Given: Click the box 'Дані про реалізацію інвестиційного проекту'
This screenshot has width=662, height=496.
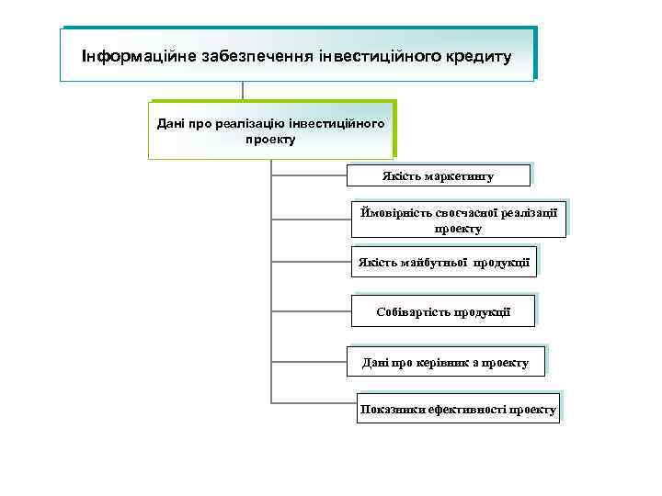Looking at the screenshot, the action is tap(271, 130).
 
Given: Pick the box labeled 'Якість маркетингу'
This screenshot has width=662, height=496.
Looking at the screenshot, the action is tap(438, 175).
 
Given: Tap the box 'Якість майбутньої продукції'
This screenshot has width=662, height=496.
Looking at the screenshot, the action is tap(444, 263).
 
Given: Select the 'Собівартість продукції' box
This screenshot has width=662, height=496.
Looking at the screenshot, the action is tap(443, 312).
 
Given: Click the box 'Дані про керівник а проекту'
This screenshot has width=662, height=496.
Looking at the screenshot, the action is tap(446, 363).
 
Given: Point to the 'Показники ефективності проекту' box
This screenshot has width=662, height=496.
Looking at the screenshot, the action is tap(458, 410).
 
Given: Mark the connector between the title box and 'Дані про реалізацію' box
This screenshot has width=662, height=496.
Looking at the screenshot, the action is tap(243, 91).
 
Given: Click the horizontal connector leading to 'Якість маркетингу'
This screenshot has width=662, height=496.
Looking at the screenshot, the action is tap(309, 171).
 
